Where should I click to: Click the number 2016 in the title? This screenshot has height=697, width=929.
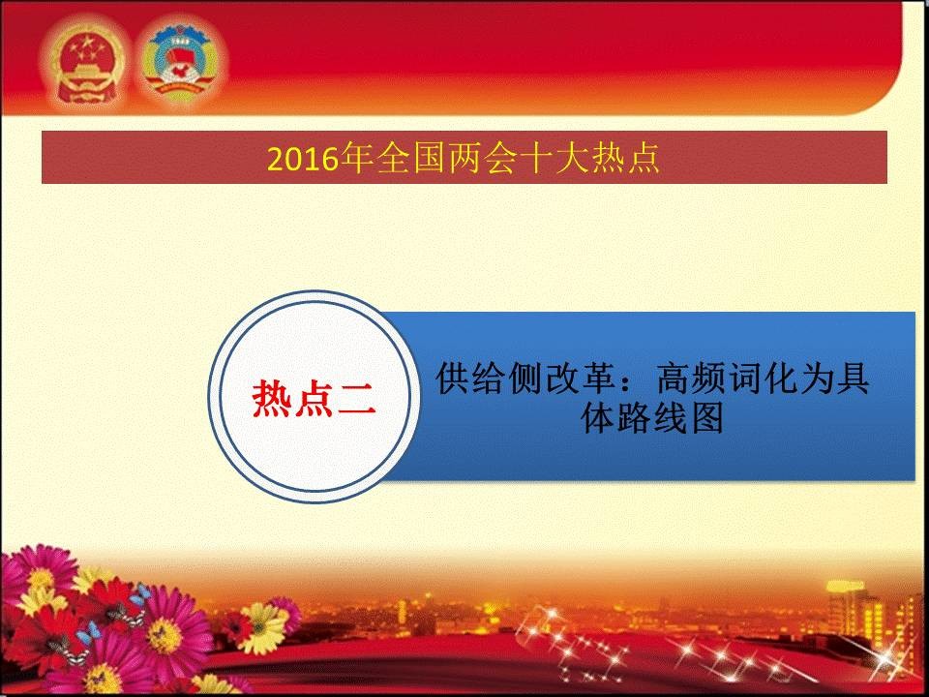(302, 159)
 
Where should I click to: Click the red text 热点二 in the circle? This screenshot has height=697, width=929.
(314, 398)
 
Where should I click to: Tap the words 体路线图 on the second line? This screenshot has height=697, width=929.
(651, 418)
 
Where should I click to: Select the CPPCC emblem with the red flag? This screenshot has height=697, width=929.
(180, 62)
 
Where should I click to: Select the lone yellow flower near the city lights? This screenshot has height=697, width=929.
(263, 628)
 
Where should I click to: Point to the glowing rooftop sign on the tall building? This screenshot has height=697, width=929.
(846, 587)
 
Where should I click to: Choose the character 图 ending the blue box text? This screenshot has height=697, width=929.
(706, 418)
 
